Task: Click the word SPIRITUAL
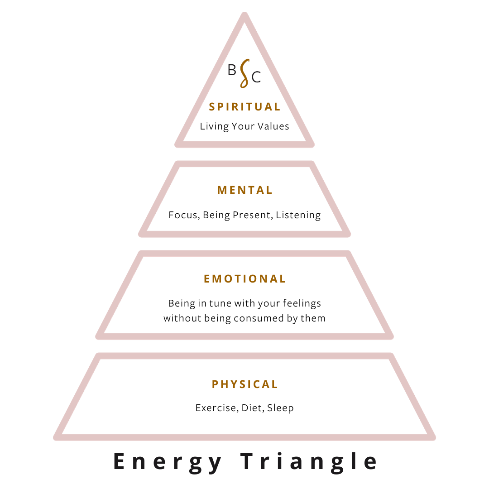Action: pos(244,107)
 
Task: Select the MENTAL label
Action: pos(244,190)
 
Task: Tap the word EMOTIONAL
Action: pos(244,278)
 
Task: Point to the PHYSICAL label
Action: pos(244,384)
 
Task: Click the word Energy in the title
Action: pos(168,462)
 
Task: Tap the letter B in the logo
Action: pos(232,70)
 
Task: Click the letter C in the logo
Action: pos(256,78)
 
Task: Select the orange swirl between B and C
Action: pos(244,73)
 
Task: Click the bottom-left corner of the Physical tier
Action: pos(57,437)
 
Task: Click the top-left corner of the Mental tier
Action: pos(177,164)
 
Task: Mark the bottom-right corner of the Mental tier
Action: pos(348,234)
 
